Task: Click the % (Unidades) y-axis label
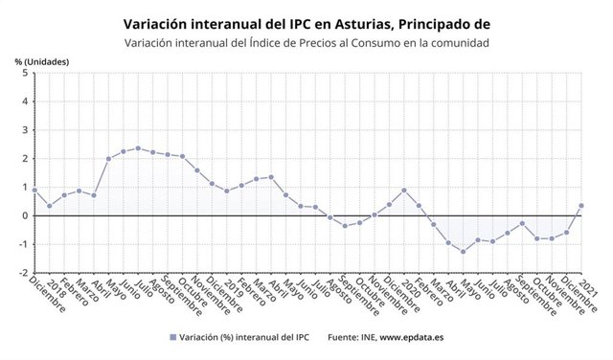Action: (x=42, y=61)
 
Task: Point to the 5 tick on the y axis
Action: (x=24, y=74)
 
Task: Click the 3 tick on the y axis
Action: (x=24, y=130)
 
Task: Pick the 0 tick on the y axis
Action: (x=24, y=215)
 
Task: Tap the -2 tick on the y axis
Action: (x=22, y=272)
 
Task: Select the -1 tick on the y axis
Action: (x=22, y=244)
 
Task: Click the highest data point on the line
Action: (x=138, y=148)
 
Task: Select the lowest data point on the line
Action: (x=464, y=252)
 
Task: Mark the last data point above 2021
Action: (x=581, y=206)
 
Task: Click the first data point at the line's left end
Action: (x=34, y=190)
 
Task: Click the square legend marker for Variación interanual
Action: (x=173, y=337)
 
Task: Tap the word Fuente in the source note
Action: (x=345, y=337)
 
